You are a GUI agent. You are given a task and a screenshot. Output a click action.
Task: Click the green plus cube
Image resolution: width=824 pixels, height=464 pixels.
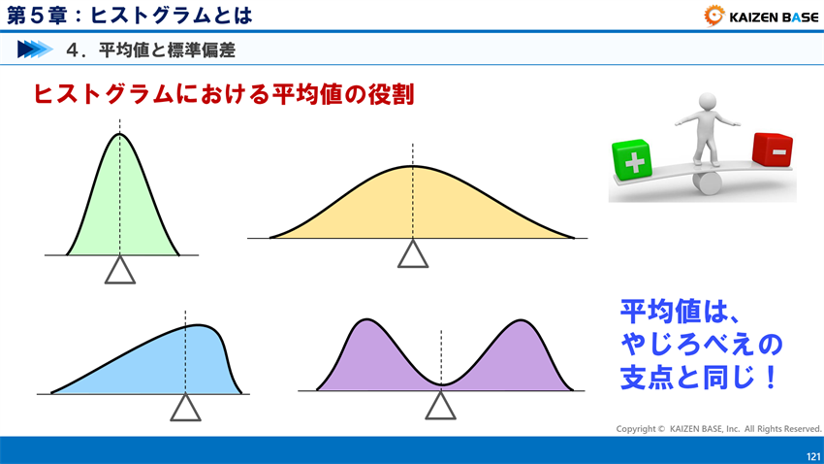point(632,160)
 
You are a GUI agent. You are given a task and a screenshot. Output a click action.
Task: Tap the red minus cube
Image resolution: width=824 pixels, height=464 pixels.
point(772,149)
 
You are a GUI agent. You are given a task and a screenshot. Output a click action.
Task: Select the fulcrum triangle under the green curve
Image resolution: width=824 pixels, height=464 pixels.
point(119,270)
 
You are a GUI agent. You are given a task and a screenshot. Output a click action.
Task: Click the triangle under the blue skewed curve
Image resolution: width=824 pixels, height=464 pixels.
point(184,408)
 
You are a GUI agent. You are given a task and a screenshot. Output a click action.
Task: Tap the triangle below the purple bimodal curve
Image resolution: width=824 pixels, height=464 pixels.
point(440,407)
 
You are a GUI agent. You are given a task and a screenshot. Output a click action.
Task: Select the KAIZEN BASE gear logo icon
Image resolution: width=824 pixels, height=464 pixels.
point(714,15)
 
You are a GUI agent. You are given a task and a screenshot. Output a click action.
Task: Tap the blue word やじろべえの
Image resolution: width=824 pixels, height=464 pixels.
point(700,344)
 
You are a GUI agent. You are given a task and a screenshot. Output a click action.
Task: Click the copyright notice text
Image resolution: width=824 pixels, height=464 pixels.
point(718,428)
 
